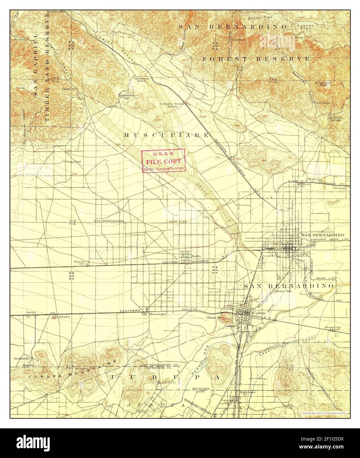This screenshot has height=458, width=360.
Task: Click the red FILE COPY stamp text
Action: click(163, 161)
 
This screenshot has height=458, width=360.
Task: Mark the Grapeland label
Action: click(73, 162)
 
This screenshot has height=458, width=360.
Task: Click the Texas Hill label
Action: click(67, 89)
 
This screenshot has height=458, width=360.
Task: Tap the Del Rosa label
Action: click(339, 188)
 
